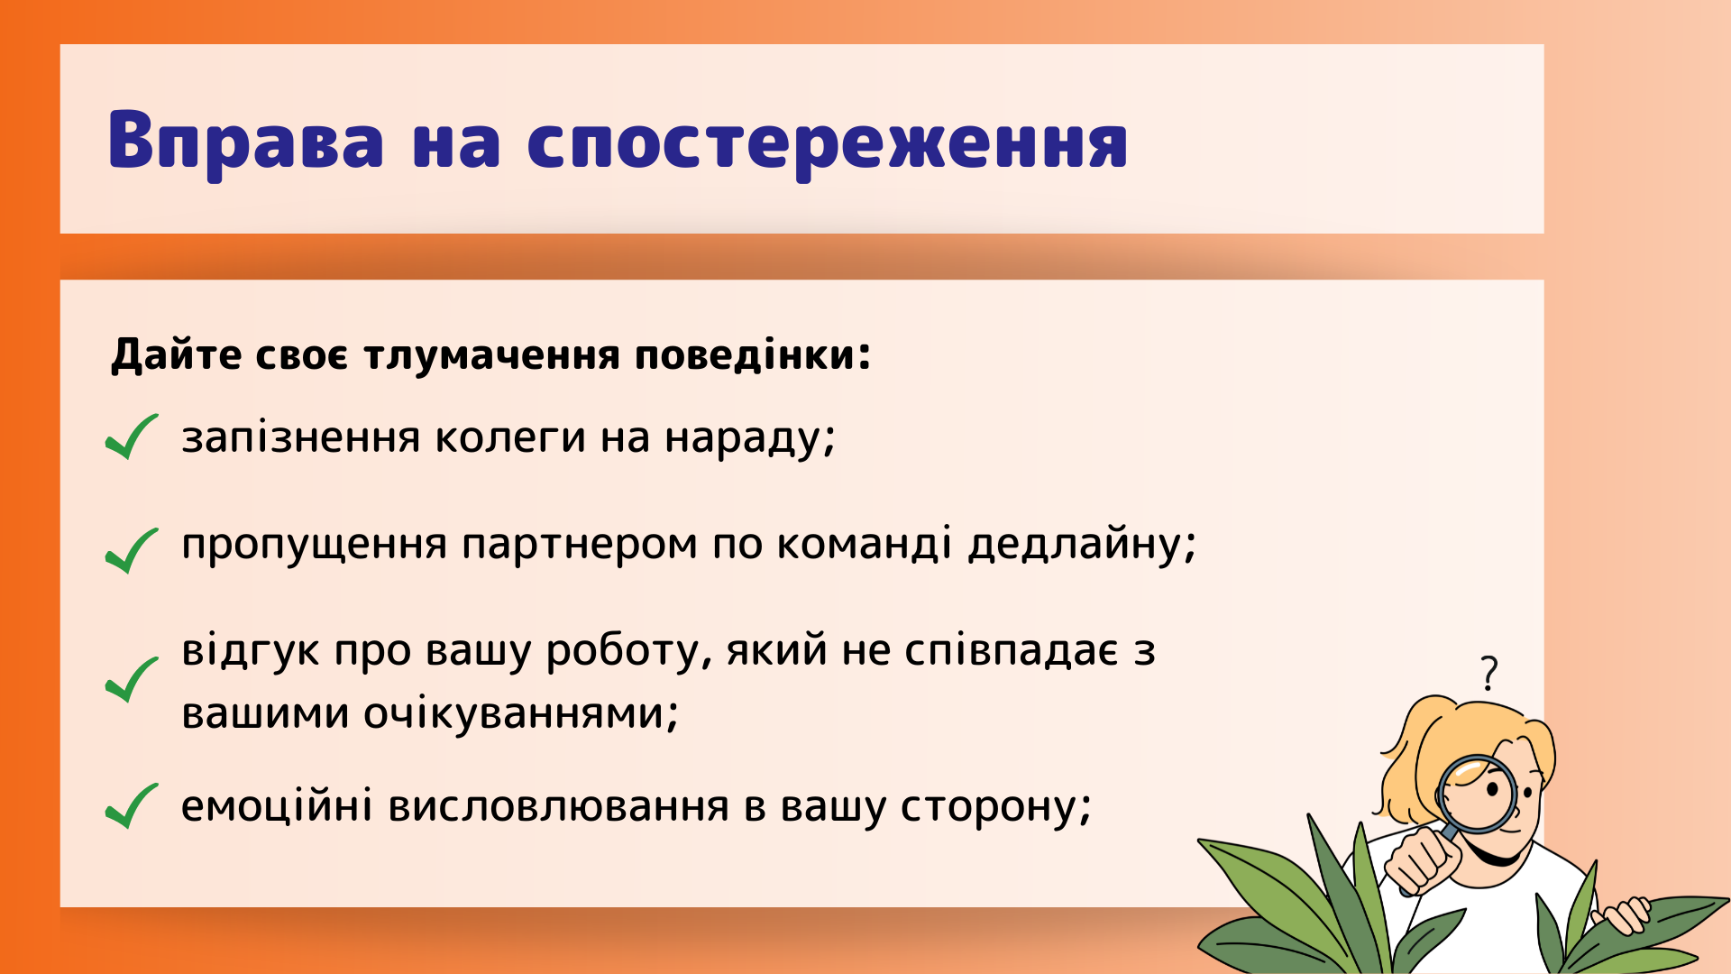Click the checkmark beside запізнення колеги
click(132, 436)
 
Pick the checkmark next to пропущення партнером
click(132, 550)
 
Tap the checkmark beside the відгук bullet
click(132, 680)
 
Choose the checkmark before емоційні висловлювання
click(132, 805)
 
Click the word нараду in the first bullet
click(750, 439)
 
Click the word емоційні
click(277, 805)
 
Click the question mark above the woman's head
click(1489, 673)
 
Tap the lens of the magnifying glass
click(1477, 794)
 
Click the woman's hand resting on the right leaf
click(1622, 915)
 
